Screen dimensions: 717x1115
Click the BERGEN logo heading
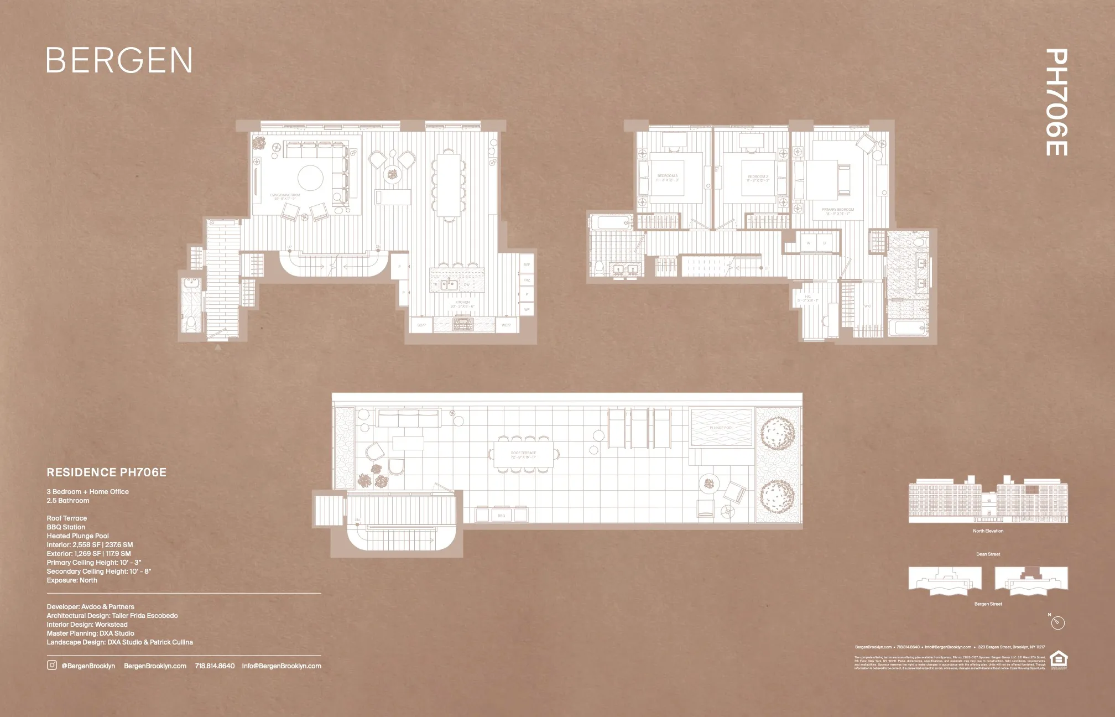[119, 60]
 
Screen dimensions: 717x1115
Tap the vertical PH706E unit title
[1056, 102]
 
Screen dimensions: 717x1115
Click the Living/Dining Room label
[285, 196]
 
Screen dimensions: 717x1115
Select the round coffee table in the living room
[311, 178]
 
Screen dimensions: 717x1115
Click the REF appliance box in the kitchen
[527, 265]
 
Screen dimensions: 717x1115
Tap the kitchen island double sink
[449, 284]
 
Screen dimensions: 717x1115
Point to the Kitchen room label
[462, 304]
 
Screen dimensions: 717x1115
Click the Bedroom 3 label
[667, 178]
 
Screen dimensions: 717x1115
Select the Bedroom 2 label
[758, 178]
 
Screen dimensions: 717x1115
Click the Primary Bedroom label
[837, 211]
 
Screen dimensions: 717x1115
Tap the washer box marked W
[808, 243]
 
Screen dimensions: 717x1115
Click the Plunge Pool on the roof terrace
[721, 428]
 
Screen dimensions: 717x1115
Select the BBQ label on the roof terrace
[501, 516]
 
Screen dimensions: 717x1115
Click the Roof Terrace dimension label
[523, 455]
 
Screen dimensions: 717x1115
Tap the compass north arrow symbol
[1057, 623]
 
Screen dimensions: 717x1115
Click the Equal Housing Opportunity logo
[1058, 659]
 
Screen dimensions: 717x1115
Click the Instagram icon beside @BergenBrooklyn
[51, 666]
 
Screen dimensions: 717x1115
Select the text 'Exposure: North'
[72, 580]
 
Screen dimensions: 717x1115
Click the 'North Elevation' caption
[988, 531]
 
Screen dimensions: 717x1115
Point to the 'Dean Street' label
[988, 554]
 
